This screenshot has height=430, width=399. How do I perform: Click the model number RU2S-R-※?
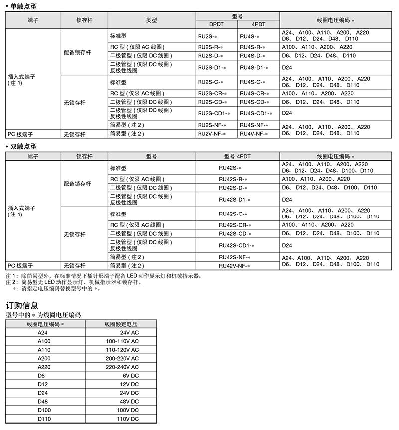[x=210, y=47]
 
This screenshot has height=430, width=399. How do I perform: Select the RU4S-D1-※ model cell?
[x=254, y=67]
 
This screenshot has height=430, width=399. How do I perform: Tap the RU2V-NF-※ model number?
[x=212, y=134]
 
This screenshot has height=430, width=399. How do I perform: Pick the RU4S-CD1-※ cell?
[x=256, y=113]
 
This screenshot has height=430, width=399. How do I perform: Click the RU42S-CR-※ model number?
[x=235, y=225]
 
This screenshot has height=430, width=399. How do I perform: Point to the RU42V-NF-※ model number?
[x=234, y=266]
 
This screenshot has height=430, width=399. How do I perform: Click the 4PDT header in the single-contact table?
[x=258, y=24]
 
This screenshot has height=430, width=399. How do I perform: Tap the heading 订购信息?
[x=22, y=305]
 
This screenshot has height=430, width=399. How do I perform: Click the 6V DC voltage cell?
[x=131, y=376]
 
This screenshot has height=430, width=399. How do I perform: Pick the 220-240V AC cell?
[x=122, y=367]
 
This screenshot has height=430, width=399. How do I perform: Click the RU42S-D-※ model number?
[x=233, y=188]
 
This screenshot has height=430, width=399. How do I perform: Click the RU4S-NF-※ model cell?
[x=254, y=125]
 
